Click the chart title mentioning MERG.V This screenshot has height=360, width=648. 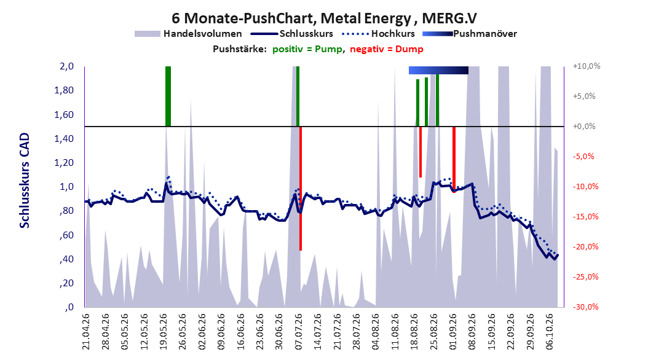click(x=324, y=18)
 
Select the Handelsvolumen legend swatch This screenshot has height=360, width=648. click(x=147, y=34)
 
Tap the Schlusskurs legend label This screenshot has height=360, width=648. click(x=306, y=34)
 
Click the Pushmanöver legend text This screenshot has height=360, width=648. click(x=485, y=34)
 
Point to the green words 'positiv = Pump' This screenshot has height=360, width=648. click(x=307, y=49)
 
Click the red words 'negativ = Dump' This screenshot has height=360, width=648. click(x=387, y=49)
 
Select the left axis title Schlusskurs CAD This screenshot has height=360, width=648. click(x=25, y=181)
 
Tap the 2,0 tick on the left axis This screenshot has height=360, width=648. click(x=66, y=66)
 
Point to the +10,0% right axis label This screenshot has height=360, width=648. click(x=587, y=66)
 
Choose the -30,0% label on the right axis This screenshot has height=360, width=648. click(x=585, y=307)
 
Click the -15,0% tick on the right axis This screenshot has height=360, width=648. click(x=585, y=216)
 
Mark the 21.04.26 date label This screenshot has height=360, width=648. click(x=85, y=332)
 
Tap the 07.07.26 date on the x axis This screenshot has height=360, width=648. click(x=298, y=332)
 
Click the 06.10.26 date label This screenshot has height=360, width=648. click(x=549, y=332)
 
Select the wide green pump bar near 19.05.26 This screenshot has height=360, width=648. click(x=168, y=96)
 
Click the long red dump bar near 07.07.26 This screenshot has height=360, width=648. click(x=301, y=188)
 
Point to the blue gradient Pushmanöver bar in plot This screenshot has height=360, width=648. click(x=438, y=70)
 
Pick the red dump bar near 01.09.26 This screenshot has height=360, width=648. click(x=454, y=159)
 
